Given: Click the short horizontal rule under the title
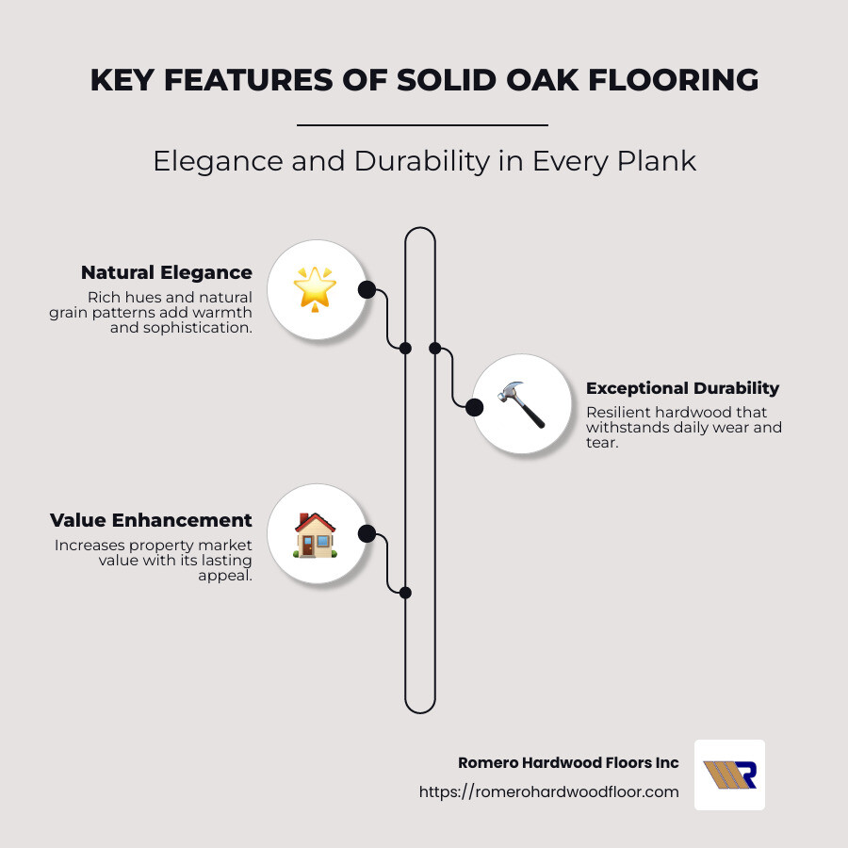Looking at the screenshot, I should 422,124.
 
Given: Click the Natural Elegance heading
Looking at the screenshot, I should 167,272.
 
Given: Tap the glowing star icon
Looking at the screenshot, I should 316,288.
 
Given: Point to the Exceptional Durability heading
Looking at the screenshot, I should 682,388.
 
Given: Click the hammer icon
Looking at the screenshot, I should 521,404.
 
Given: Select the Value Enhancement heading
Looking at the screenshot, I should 151,520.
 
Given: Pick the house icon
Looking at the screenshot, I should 316,534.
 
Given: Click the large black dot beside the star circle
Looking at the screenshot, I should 367,290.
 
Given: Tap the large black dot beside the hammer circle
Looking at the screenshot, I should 475,407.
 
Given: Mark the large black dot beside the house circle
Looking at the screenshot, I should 367,534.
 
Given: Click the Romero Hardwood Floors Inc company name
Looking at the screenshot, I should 568,763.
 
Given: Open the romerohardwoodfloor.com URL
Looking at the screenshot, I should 549,792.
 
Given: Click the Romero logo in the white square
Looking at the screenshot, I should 729,775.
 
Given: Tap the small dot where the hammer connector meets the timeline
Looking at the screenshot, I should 435,348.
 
